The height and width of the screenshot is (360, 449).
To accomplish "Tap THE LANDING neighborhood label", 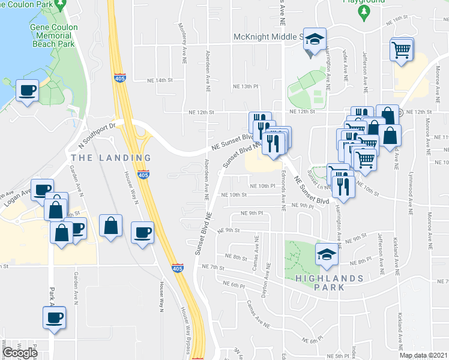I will [x=111, y=158].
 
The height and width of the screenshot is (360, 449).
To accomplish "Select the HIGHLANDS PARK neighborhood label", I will [x=328, y=283].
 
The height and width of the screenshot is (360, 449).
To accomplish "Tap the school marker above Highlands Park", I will [x=327, y=254].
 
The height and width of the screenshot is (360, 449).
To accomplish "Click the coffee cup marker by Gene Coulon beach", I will [x=28, y=91].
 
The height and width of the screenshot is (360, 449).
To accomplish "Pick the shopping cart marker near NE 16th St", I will [x=401, y=49].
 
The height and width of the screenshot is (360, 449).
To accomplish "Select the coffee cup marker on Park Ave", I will [x=53, y=316].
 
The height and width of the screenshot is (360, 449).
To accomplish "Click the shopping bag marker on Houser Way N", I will [x=111, y=226].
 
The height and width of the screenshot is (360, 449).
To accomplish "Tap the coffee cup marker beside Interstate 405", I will [x=142, y=232].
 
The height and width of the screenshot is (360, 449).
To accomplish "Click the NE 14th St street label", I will [x=160, y=80].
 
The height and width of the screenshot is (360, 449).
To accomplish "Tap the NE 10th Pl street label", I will [x=262, y=186].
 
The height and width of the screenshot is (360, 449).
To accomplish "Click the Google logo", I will [x=20, y=352].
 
